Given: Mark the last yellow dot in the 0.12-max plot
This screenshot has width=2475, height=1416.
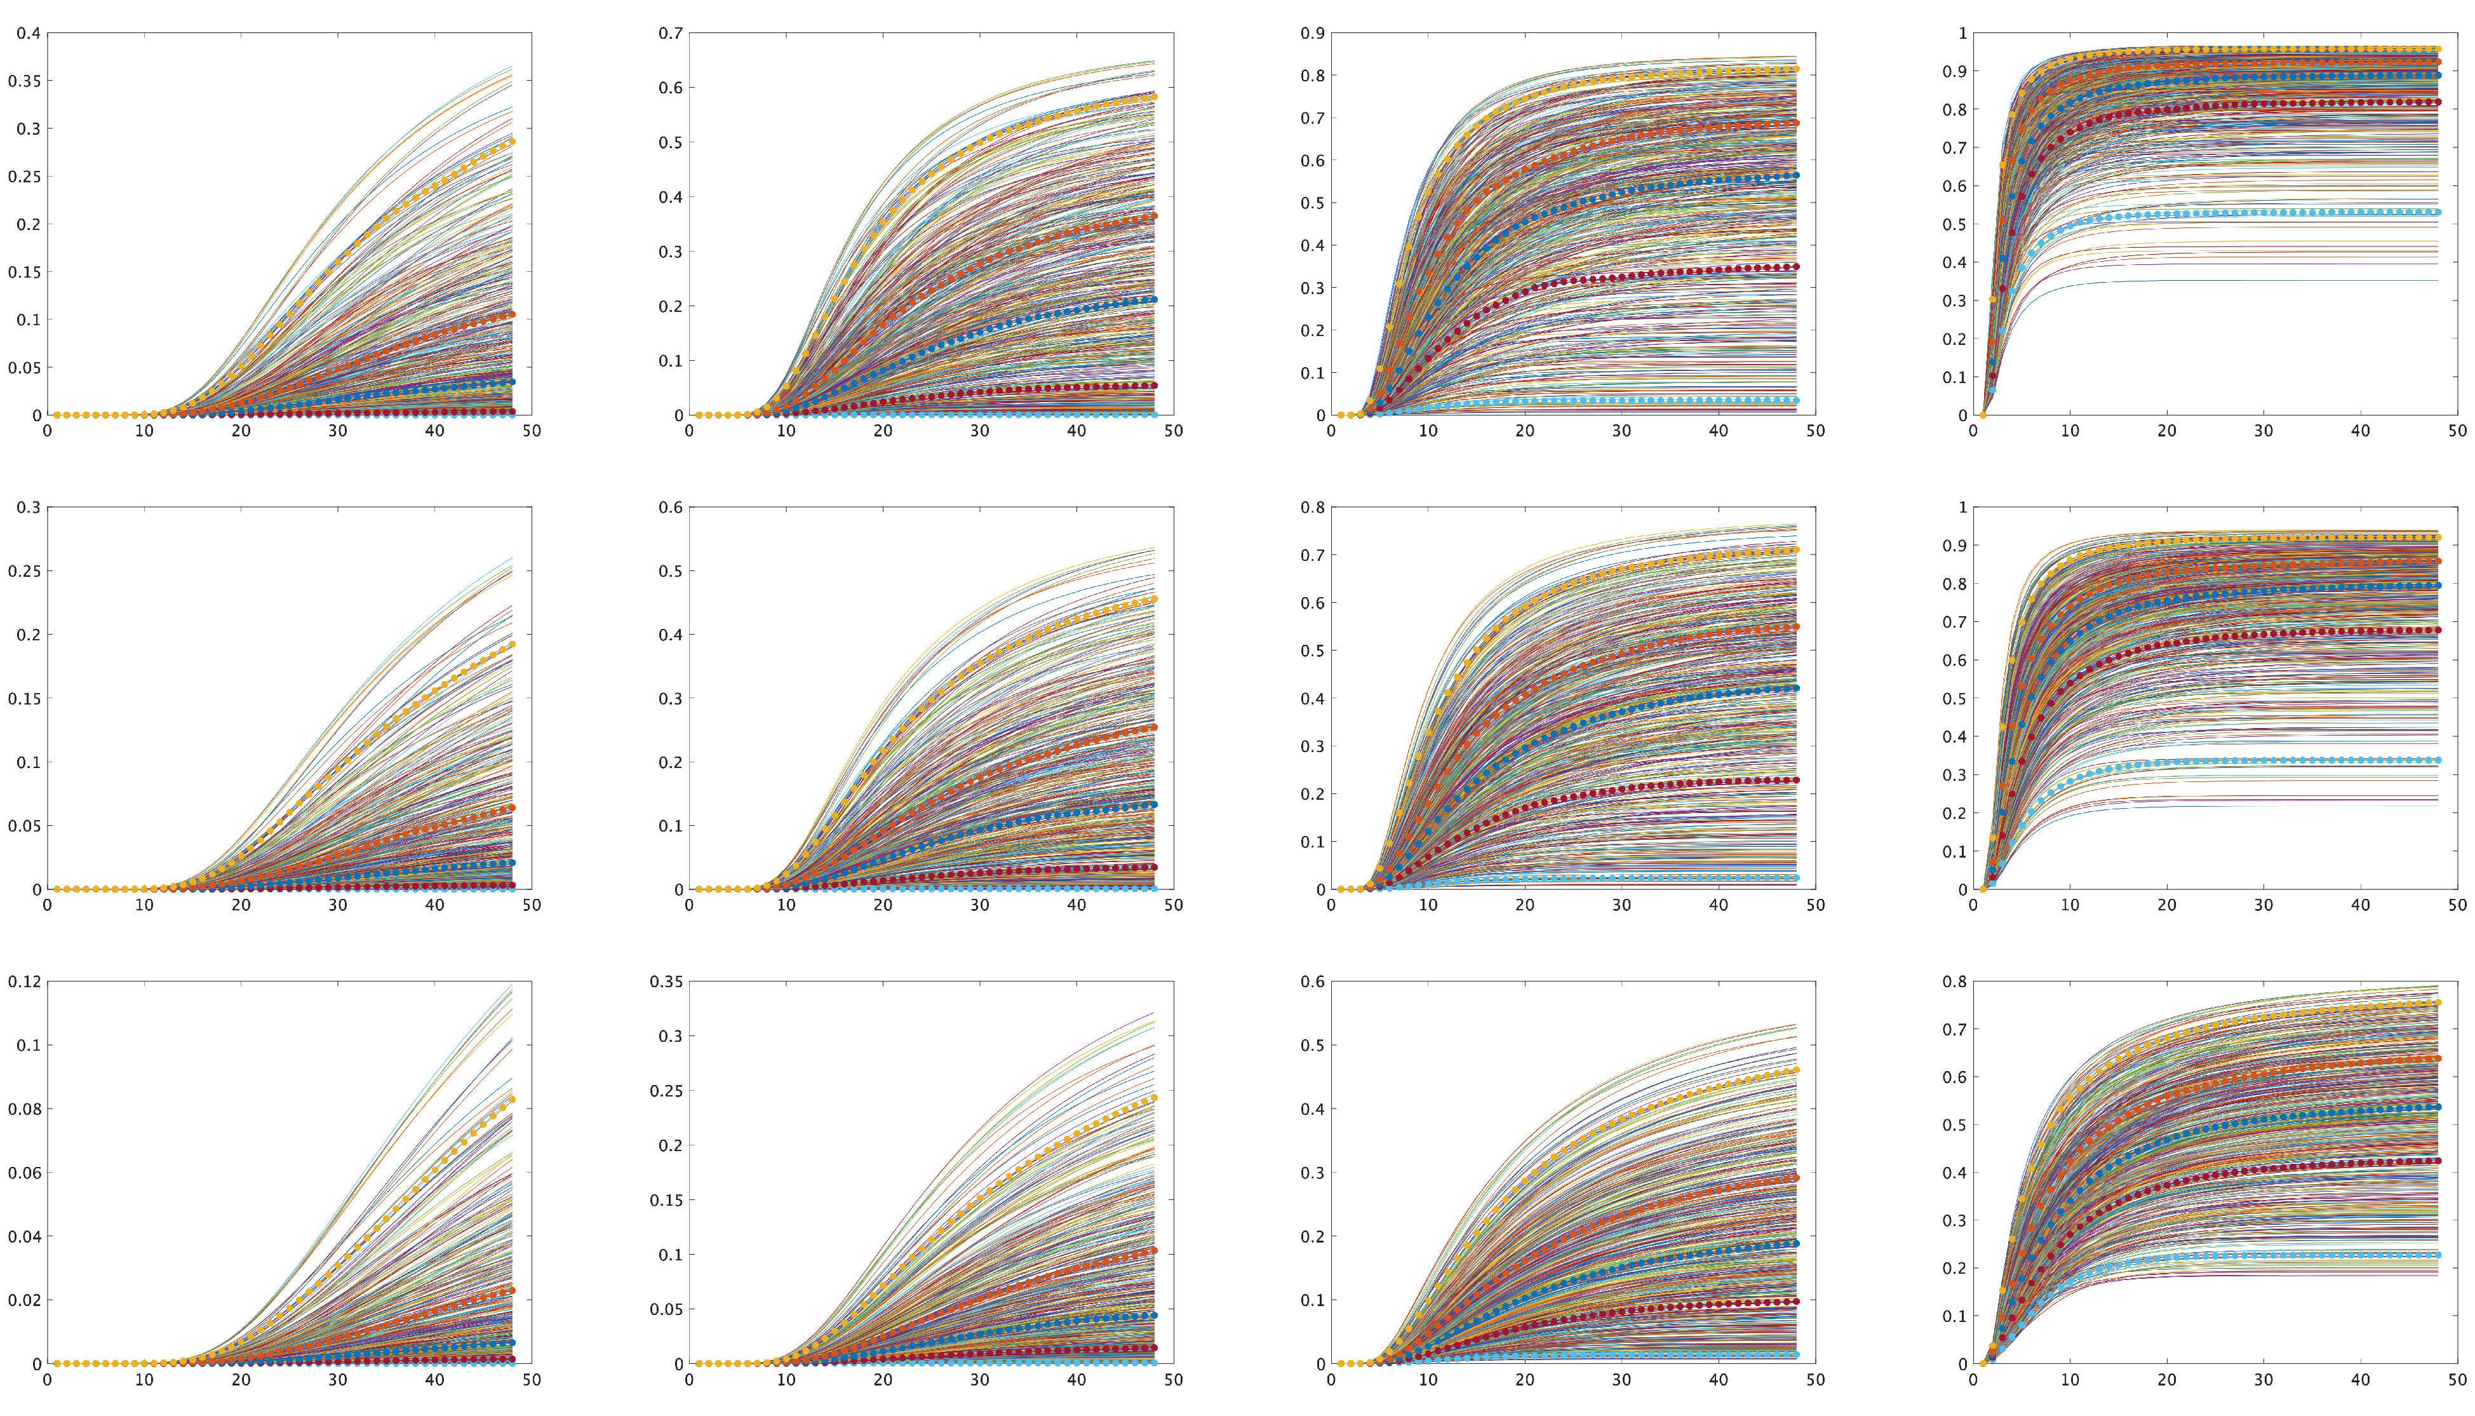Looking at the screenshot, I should [513, 1100].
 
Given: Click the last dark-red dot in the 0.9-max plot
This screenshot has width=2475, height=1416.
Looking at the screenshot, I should [1797, 266].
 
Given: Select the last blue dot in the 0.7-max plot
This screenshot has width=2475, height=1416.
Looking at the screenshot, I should [1154, 300].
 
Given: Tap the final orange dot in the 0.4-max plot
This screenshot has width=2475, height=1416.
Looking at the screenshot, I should [513, 314].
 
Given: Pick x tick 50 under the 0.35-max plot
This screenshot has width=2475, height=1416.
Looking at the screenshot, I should [1173, 1379].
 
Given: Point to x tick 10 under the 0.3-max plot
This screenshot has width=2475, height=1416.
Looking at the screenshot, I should [144, 905].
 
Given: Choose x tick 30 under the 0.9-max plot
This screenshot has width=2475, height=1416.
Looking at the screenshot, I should [1621, 430].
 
